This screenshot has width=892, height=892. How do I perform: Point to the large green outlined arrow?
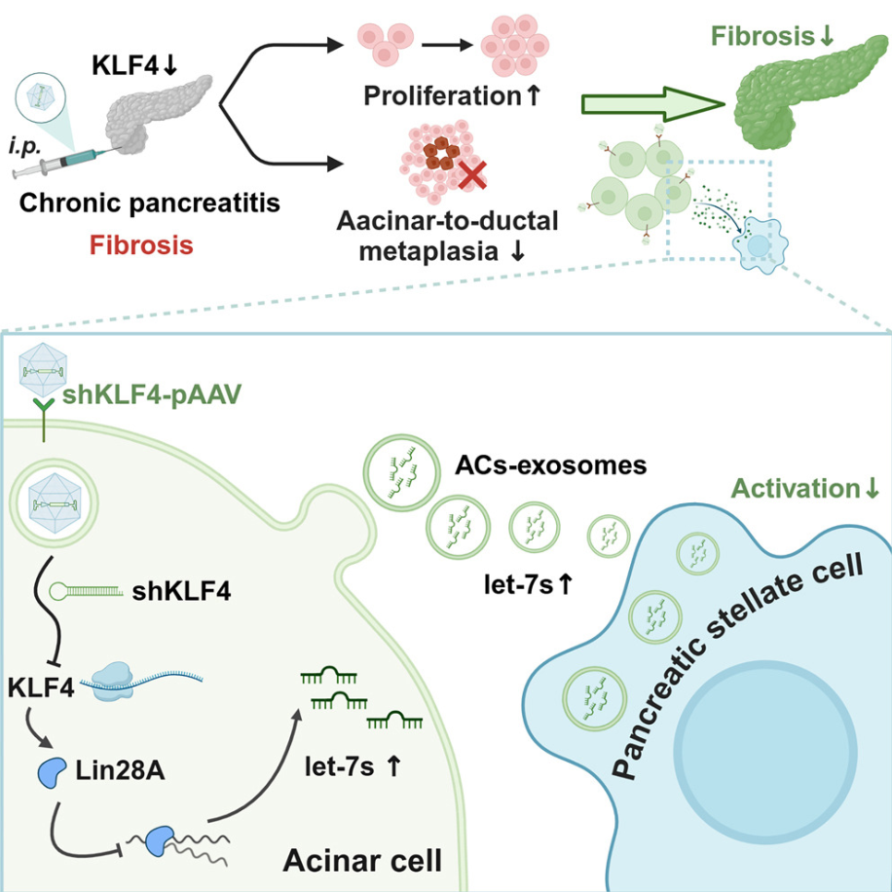(x=648, y=104)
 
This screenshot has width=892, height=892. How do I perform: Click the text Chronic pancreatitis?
(x=142, y=204)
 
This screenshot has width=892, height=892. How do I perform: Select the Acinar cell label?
(x=361, y=859)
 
